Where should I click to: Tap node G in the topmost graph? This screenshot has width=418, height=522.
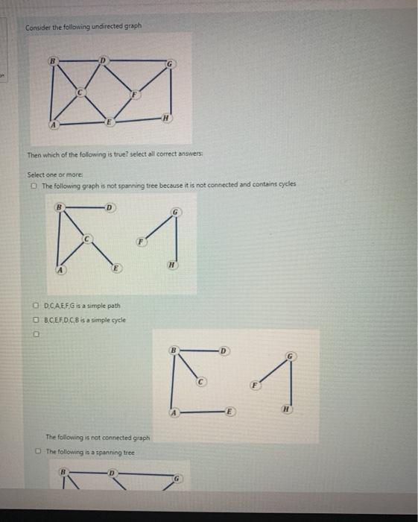(x=172, y=66)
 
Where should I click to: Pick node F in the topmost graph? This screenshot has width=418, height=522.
(x=134, y=95)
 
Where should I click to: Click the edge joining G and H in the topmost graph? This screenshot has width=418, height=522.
(x=174, y=93)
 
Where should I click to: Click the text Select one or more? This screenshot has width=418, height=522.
(x=53, y=175)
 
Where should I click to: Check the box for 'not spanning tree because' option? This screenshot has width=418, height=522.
(x=34, y=185)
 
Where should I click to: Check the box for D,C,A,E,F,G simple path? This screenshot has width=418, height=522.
(x=35, y=306)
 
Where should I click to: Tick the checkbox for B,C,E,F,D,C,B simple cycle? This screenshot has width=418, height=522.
(x=35, y=319)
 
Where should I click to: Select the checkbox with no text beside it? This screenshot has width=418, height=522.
(x=35, y=335)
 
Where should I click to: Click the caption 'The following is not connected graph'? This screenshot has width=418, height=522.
(x=98, y=438)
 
